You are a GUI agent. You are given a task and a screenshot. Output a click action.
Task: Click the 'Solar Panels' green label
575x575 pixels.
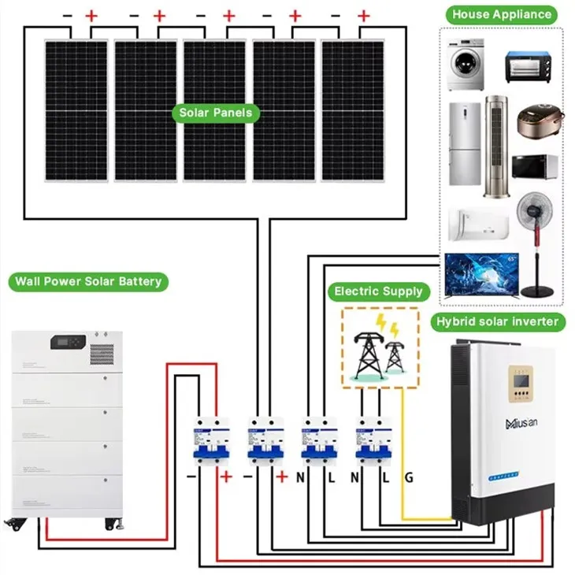216,113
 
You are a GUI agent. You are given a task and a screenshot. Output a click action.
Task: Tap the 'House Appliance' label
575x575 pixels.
500,14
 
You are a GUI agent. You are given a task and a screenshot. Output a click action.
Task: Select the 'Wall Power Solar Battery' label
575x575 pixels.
87,281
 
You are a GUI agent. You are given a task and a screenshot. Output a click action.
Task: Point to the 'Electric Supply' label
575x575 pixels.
379,291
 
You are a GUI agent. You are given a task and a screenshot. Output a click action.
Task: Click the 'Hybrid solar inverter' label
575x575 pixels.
497,321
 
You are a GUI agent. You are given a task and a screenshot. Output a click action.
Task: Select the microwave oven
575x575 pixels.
536,168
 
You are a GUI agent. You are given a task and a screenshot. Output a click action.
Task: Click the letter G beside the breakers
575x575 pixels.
410,477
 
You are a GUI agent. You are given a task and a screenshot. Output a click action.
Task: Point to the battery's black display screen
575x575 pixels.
65,343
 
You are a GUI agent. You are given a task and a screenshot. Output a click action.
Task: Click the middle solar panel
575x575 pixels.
214,110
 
